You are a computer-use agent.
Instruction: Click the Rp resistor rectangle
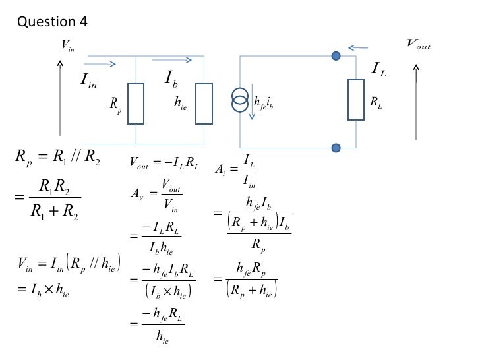coord(136,104)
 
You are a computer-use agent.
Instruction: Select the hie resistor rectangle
coord(204,103)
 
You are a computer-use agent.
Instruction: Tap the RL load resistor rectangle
coord(357,100)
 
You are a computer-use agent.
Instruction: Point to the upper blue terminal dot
coord(336,57)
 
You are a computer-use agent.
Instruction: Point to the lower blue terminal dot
coord(336,147)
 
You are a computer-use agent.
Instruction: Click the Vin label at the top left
coord(68,45)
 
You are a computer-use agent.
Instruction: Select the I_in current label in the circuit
coord(88,80)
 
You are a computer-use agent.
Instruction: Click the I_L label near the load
coord(379,68)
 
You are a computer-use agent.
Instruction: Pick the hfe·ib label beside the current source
coord(264,102)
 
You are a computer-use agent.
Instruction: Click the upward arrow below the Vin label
coord(61,99)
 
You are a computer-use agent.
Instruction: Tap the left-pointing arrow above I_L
coord(359,48)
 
